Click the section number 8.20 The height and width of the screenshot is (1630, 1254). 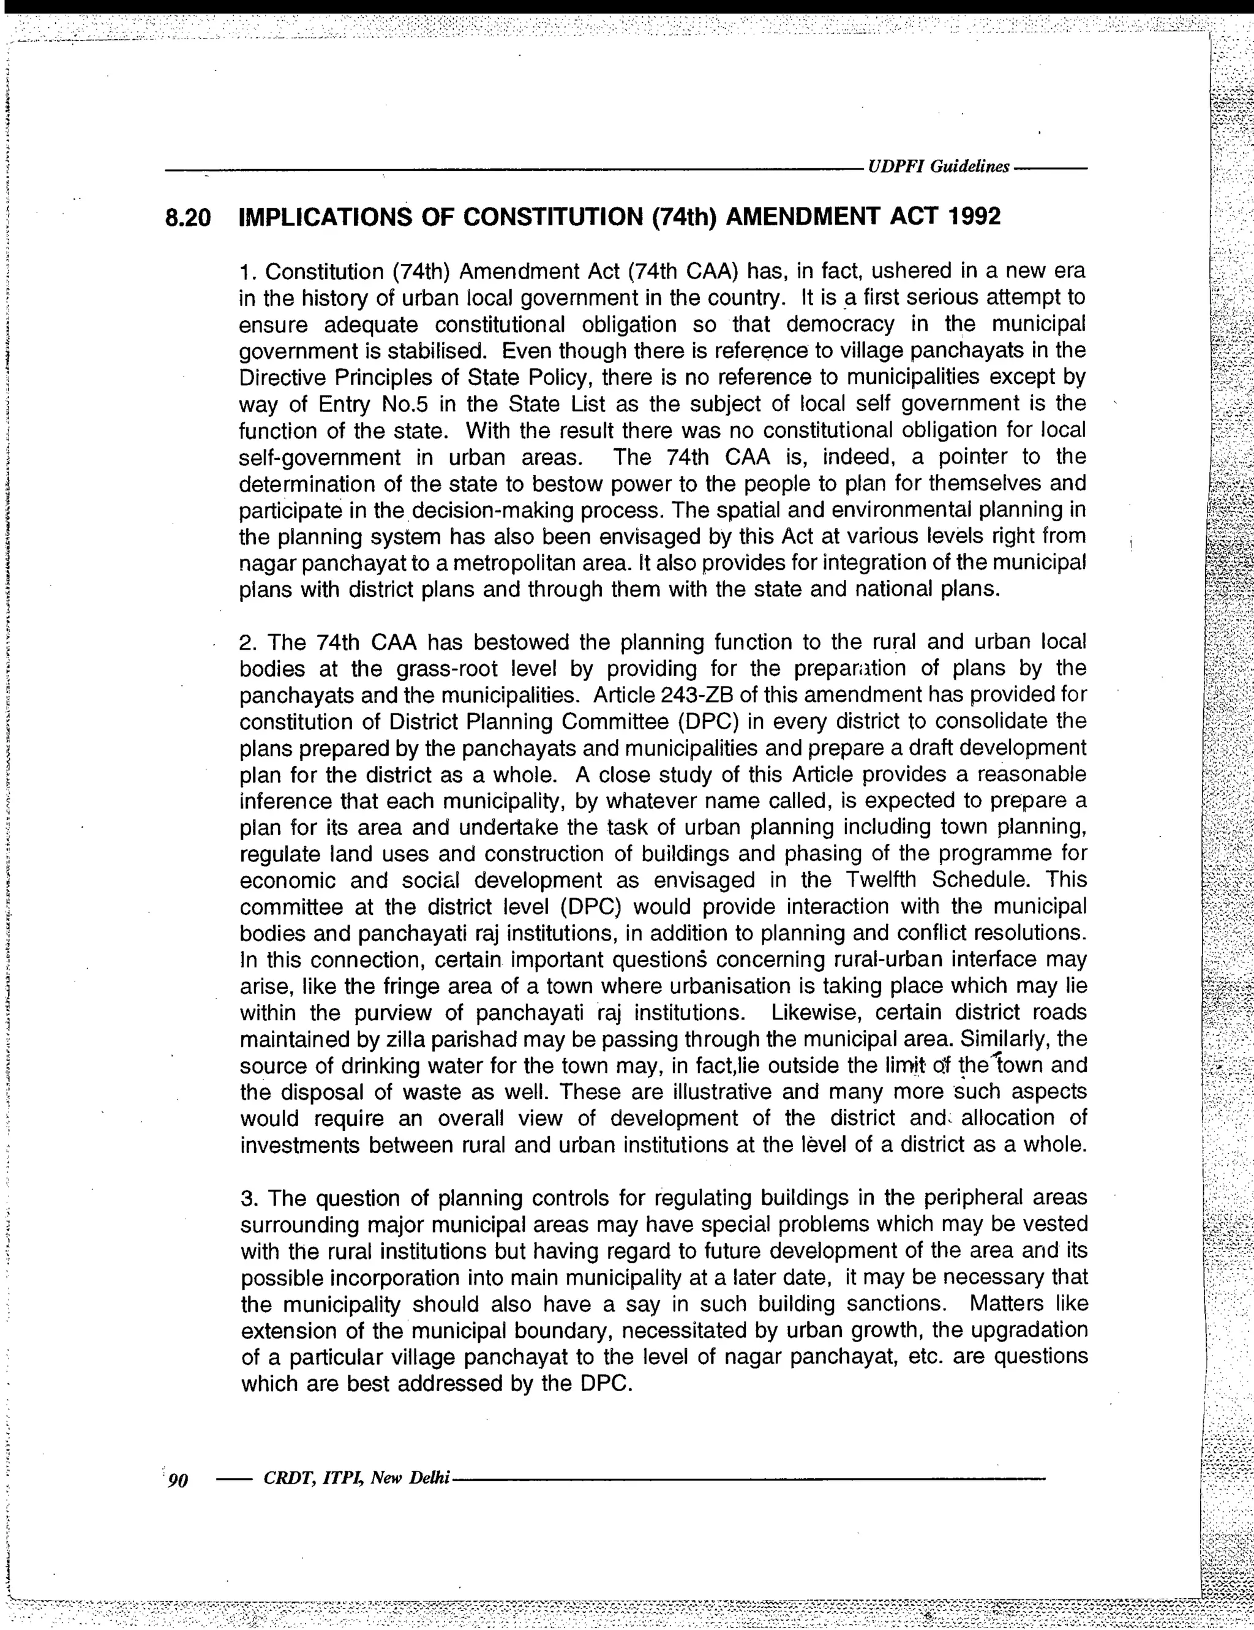[188, 218]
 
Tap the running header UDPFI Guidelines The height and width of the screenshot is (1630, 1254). [938, 167]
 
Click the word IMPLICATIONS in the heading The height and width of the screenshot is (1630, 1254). [324, 217]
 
